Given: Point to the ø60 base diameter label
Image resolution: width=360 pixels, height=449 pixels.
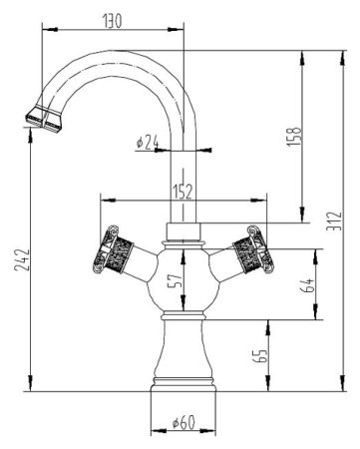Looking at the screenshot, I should tap(180, 423).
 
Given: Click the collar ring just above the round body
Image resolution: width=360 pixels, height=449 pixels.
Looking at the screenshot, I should tap(181, 235).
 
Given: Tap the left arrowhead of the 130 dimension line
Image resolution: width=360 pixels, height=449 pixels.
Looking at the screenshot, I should tap(45, 33).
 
